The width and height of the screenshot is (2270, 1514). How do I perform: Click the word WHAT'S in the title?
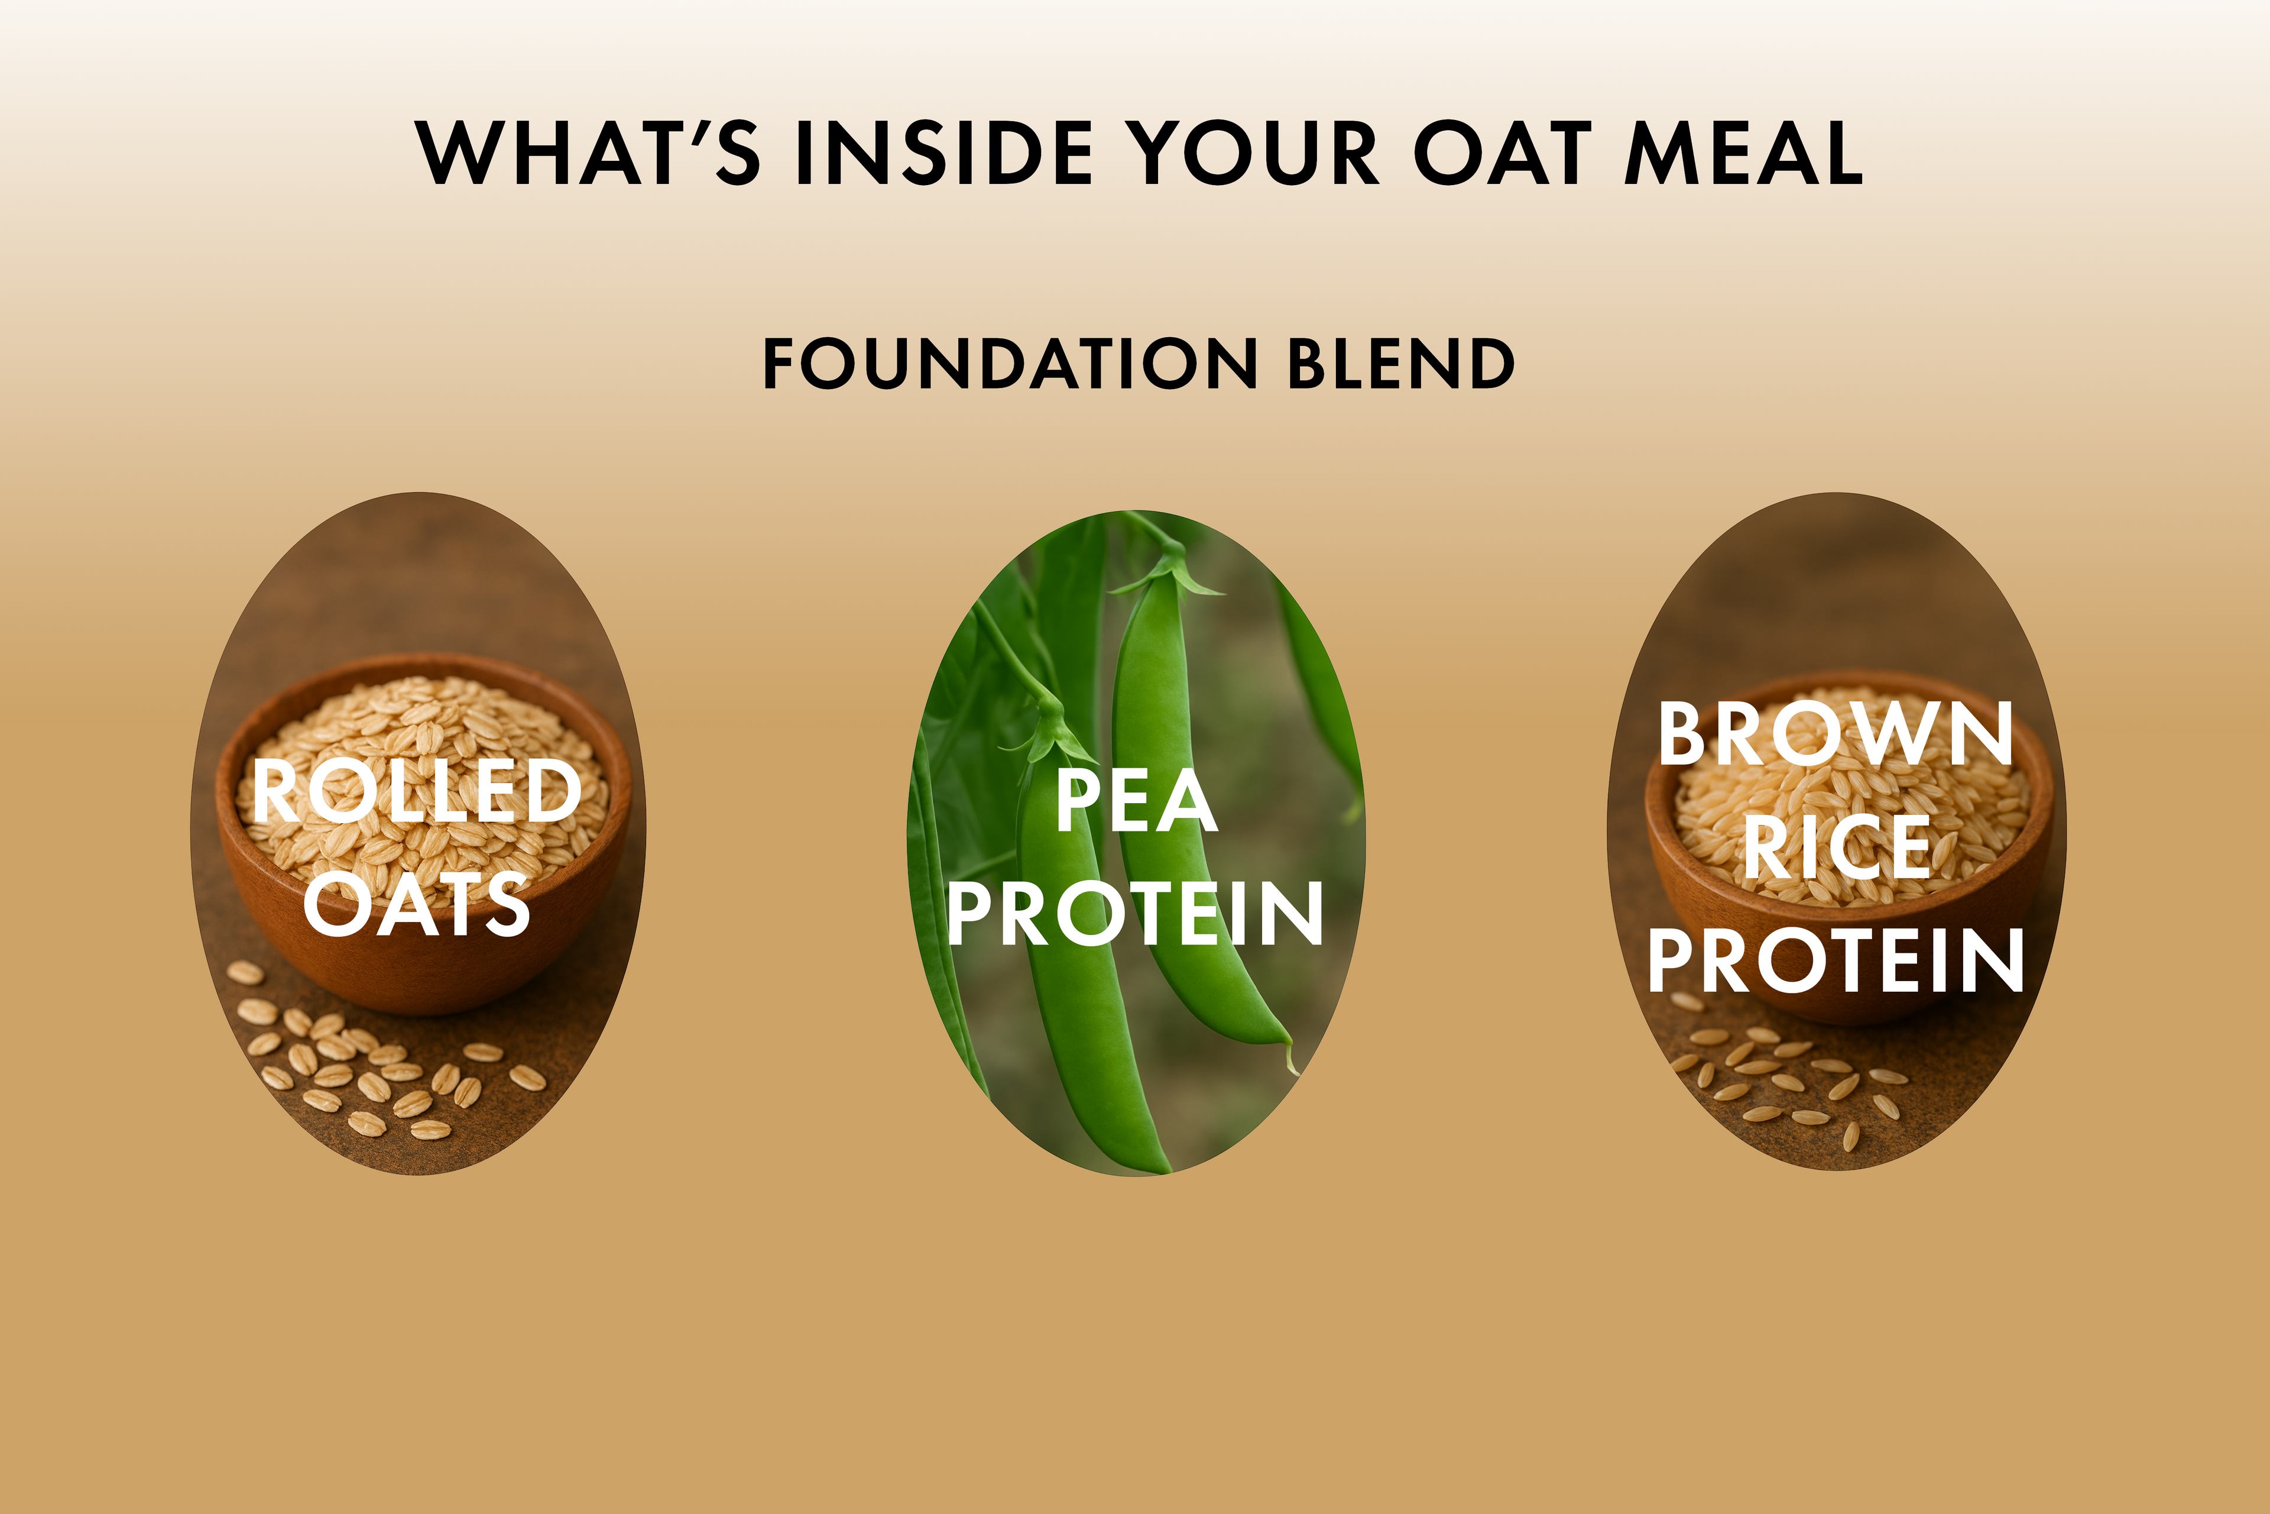point(588,153)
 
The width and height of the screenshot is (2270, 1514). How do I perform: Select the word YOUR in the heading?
point(1252,153)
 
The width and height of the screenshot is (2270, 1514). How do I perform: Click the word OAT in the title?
point(1503,153)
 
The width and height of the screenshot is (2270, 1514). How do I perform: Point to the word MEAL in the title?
point(1744,153)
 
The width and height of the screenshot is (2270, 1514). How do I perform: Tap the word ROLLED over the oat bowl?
point(417,791)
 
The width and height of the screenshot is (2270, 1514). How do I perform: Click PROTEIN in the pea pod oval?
point(1135,913)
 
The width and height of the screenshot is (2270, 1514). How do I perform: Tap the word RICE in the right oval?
point(1836,847)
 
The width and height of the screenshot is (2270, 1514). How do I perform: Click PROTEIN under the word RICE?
point(1836,960)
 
